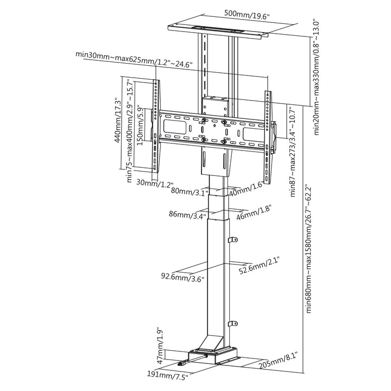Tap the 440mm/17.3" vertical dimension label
(117, 119)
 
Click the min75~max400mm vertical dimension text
(130, 130)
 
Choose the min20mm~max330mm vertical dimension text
(314, 77)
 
